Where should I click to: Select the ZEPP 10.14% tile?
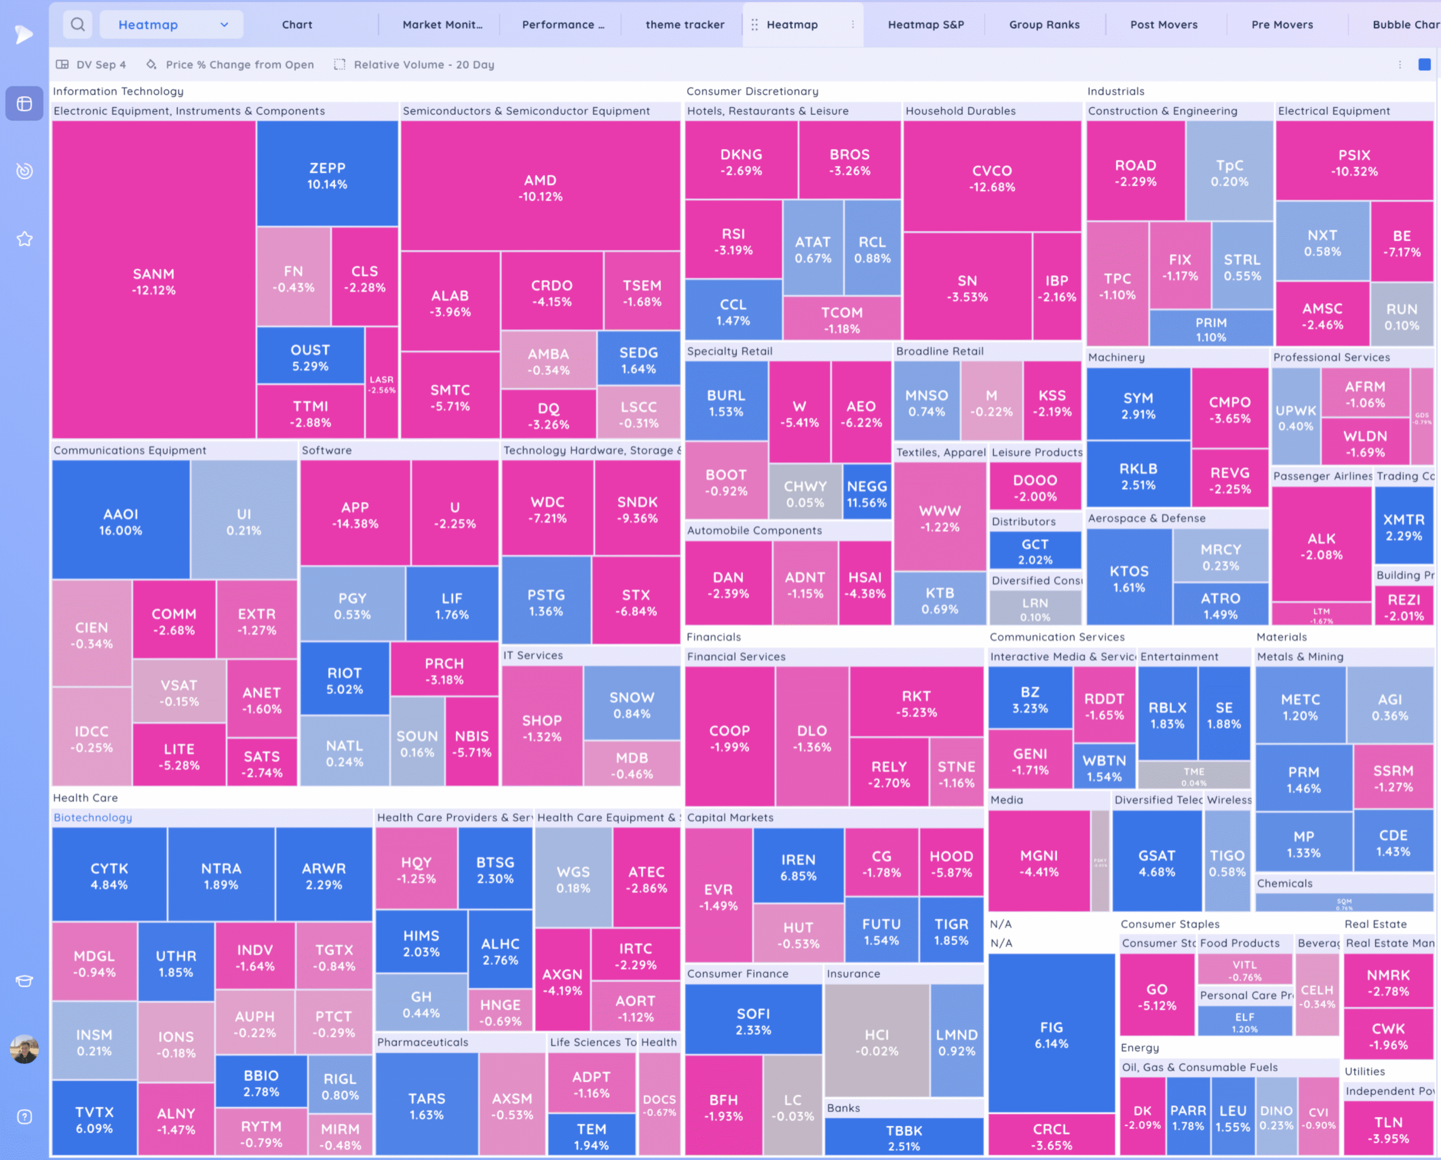tap(327, 176)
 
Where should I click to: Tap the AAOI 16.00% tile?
tap(120, 521)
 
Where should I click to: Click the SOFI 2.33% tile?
tap(753, 1021)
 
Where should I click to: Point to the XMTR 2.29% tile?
tap(1404, 527)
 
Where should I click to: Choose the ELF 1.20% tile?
tap(1244, 1022)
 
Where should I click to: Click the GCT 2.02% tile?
tap(1035, 551)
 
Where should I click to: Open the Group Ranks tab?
tap(1044, 25)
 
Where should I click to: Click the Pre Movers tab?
tap(1282, 25)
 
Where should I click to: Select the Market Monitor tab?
tap(442, 25)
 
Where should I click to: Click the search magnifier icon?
tap(78, 25)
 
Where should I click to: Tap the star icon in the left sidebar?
tap(25, 239)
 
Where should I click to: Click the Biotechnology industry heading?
tap(93, 817)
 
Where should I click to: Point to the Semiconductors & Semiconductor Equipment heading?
tap(526, 111)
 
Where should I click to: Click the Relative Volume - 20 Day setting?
tap(424, 65)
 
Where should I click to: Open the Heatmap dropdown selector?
tap(172, 25)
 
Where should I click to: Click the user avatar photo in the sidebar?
tap(25, 1049)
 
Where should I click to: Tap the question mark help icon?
tap(25, 1117)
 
